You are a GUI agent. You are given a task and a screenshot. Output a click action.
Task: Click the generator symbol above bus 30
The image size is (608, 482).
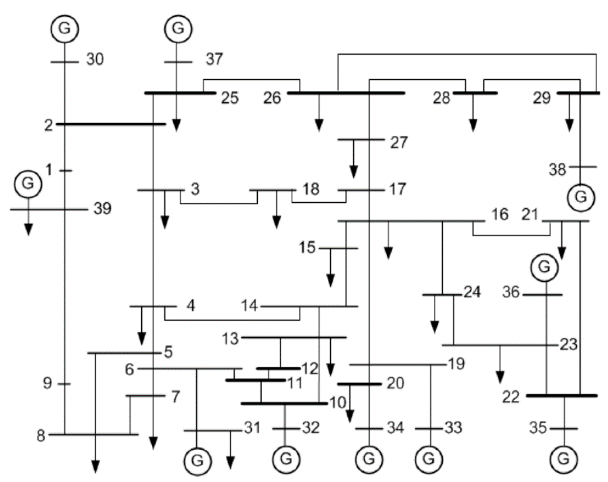coord(65,29)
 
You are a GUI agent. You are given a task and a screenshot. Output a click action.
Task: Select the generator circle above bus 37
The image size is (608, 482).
coord(178,29)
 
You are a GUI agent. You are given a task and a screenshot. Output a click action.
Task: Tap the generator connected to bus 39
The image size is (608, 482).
coord(28,184)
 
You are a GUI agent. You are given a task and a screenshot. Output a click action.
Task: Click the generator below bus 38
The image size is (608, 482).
coord(581,198)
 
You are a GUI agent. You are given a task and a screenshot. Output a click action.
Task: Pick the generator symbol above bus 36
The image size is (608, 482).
coord(544,267)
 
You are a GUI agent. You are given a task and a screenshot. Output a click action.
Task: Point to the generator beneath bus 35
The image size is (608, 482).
coord(563,459)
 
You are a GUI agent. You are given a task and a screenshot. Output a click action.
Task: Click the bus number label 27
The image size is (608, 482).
coord(399,143)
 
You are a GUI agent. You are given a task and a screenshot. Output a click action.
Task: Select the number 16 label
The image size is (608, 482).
coord(500,215)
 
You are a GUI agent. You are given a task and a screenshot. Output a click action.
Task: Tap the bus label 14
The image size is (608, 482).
coord(249,306)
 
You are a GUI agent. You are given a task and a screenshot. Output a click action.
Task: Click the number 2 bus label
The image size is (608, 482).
coord(48,126)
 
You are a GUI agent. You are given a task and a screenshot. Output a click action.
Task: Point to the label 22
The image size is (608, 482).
coord(511,397)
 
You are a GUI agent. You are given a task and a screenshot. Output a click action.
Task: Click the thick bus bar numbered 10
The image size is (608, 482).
coord(284,403)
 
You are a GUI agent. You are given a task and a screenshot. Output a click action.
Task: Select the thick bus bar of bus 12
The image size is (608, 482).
coord(278,368)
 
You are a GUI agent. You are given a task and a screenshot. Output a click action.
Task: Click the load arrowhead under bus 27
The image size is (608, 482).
coord(354,172)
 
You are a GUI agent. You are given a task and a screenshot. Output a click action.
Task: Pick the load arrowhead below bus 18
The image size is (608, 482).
coord(276,222)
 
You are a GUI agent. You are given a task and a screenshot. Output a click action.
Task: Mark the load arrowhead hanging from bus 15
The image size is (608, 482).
coord(330,280)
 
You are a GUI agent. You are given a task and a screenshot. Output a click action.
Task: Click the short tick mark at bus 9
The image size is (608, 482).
coord(65,384)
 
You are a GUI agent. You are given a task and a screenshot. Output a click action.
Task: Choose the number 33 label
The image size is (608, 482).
coord(453,428)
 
